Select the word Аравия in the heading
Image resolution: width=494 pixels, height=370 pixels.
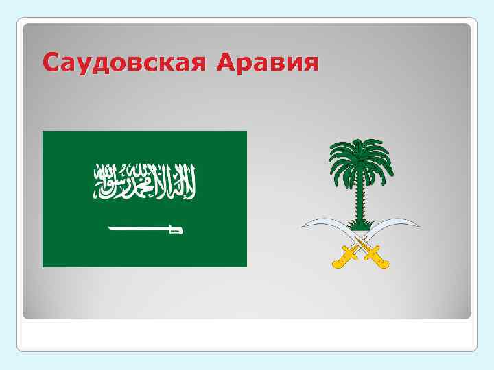pos(267,63)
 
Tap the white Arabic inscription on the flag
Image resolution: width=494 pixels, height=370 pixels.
pos(145,180)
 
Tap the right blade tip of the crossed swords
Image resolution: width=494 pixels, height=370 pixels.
pos(418,225)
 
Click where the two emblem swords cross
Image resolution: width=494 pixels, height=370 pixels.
pos(360,243)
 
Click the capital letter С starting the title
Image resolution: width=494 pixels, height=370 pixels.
pos(50,63)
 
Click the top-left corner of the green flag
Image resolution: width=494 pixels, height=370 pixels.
pos(44,132)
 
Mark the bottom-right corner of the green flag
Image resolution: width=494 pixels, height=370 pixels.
pos(245,265)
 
